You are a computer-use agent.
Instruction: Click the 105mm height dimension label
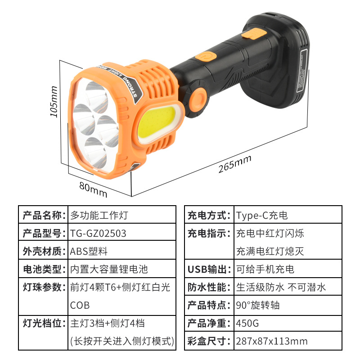tap(54, 101)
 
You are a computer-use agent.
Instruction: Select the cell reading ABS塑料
tap(89, 251)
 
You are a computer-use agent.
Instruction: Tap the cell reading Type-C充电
tap(261, 215)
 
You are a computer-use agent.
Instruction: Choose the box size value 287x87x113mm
tap(271, 341)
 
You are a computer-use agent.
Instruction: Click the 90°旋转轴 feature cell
tap(257, 305)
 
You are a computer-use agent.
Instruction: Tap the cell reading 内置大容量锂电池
tap(109, 269)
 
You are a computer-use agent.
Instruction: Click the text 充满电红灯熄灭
tap(270, 251)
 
